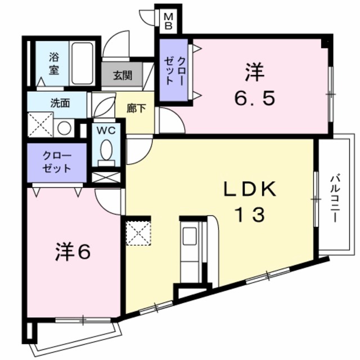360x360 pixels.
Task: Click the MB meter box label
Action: [168, 21]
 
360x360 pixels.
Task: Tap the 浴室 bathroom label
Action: [54, 64]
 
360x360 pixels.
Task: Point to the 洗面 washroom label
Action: [59, 103]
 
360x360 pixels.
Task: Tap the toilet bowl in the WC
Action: [105, 149]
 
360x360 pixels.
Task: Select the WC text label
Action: [105, 130]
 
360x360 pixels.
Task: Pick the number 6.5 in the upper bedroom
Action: [254, 99]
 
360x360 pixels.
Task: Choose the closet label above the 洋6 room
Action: [56, 161]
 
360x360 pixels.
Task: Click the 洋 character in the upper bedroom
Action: [254, 73]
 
